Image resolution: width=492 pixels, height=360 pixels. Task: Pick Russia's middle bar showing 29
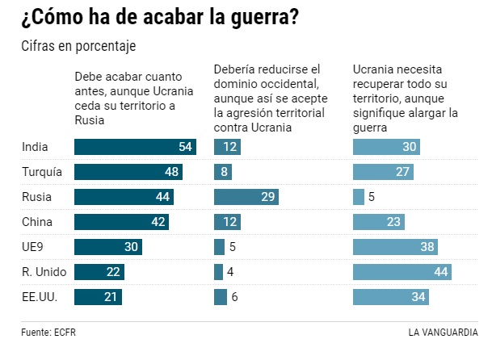point(246,197)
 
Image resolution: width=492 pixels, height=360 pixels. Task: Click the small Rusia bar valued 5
point(359,197)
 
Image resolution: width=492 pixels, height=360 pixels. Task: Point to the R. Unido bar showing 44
point(402,272)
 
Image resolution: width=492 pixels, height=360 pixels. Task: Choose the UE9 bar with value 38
point(396,247)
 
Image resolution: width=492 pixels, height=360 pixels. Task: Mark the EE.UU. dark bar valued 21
point(98,297)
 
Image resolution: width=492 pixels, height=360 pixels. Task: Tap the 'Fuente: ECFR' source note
point(50,332)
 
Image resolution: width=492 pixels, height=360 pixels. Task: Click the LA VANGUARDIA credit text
point(443,332)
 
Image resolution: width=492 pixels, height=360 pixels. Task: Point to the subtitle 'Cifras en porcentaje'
point(78,46)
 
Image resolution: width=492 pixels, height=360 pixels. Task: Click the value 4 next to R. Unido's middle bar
point(230,272)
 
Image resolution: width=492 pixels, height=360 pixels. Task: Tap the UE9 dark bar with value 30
point(108,247)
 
